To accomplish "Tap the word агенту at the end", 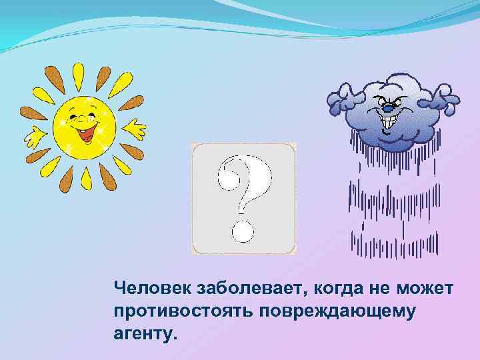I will [x=145, y=333].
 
